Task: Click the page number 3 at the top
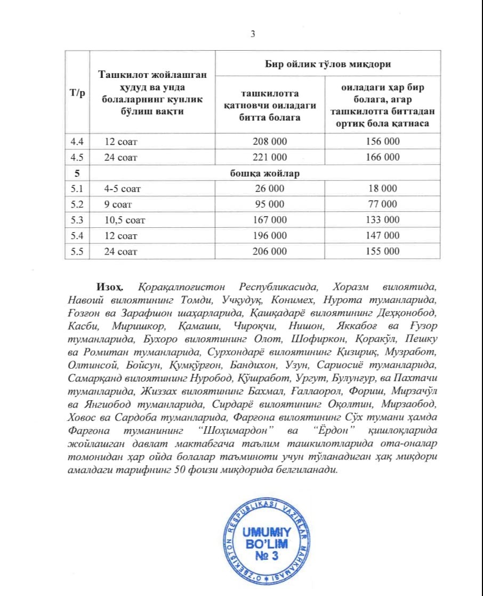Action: [253, 34]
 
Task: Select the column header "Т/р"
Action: [77, 93]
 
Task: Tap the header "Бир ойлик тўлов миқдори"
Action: [328, 65]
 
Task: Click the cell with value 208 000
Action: [270, 141]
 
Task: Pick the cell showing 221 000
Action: [270, 157]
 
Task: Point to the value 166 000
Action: [382, 157]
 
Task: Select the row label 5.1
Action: [77, 188]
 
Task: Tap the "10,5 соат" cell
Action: [125, 220]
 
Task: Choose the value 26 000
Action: [270, 188]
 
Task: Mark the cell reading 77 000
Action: [382, 204]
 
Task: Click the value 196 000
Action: [270, 235]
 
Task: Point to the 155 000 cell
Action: [382, 251]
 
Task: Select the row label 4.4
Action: [77, 141]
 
